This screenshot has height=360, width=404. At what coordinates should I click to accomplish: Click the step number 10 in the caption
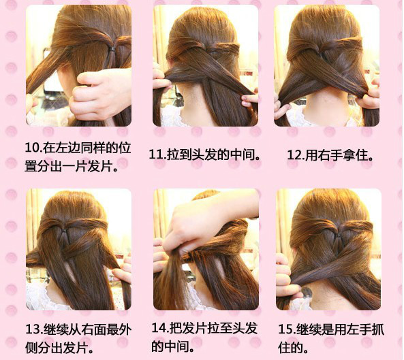click(32, 148)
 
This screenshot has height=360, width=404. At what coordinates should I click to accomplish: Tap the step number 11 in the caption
click(156, 154)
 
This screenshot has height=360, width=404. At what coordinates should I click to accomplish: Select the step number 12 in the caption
click(294, 155)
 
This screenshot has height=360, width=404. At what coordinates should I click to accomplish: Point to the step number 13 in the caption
click(33, 329)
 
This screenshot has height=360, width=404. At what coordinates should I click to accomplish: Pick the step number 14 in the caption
click(159, 327)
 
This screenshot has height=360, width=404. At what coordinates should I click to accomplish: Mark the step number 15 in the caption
click(285, 329)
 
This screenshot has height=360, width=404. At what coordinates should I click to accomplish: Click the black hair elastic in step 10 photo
click(112, 48)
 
